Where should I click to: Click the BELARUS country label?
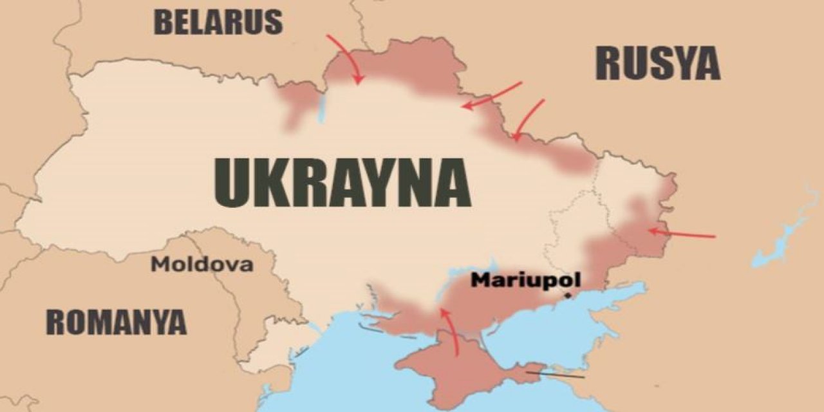click(x=218, y=21)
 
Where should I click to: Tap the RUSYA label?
click(x=657, y=63)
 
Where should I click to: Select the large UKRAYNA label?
click(x=341, y=182)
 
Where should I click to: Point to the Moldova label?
click(x=201, y=264)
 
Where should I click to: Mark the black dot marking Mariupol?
click(x=568, y=295)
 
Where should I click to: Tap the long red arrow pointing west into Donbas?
click(x=682, y=233)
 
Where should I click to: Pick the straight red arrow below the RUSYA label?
click(x=492, y=95)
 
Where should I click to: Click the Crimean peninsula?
click(x=451, y=373)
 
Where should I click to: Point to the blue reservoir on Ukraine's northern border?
click(x=322, y=109)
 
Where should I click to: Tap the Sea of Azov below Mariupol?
click(x=579, y=315)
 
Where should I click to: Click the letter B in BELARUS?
click(x=164, y=21)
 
